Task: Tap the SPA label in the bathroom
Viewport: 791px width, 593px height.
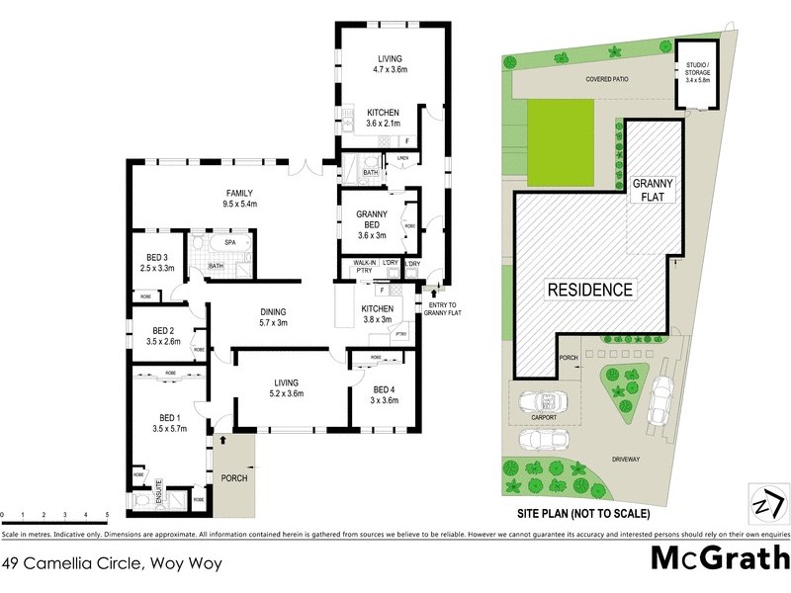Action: point(229,241)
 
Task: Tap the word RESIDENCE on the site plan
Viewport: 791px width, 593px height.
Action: point(590,290)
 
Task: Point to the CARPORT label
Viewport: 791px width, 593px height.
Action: point(543,418)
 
